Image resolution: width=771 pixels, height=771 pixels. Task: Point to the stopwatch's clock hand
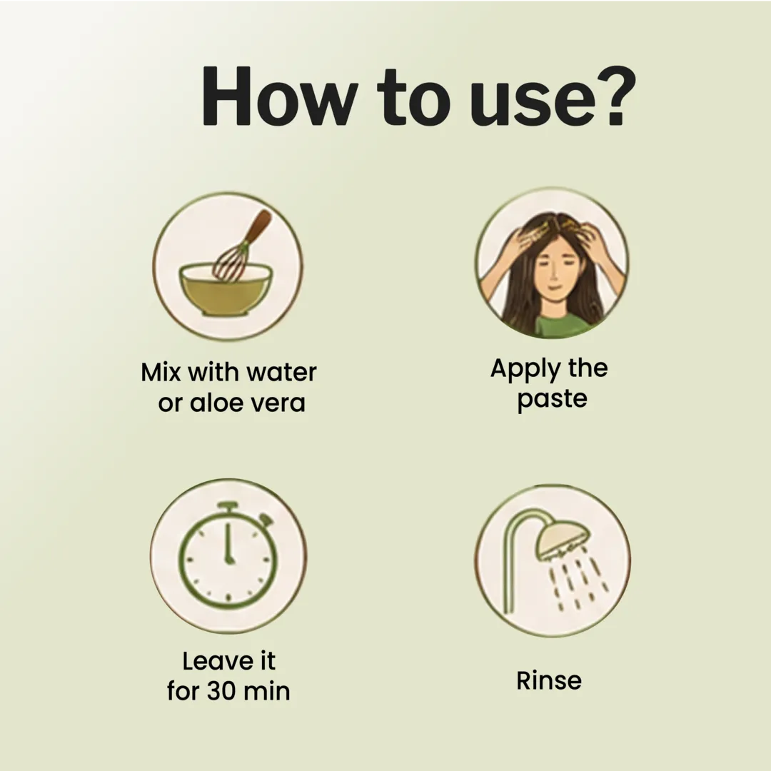[228, 543]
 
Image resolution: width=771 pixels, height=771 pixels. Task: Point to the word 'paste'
[552, 399]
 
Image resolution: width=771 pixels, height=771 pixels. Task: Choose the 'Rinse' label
[549, 681]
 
